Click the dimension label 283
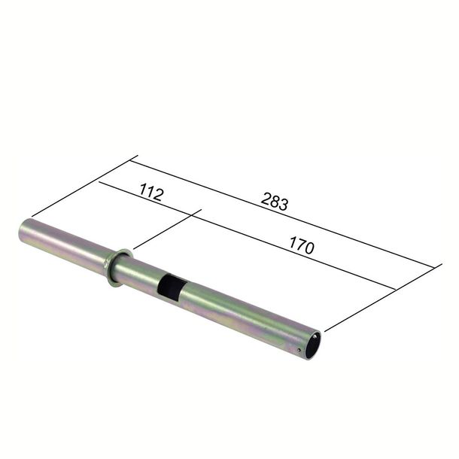[x=275, y=202]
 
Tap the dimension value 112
[x=151, y=193]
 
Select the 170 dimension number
[x=302, y=246]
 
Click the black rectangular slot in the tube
[x=172, y=287]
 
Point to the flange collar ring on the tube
[x=119, y=268]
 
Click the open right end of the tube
[x=314, y=345]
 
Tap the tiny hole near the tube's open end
[x=299, y=350]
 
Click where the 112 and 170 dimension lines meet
[x=191, y=215]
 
